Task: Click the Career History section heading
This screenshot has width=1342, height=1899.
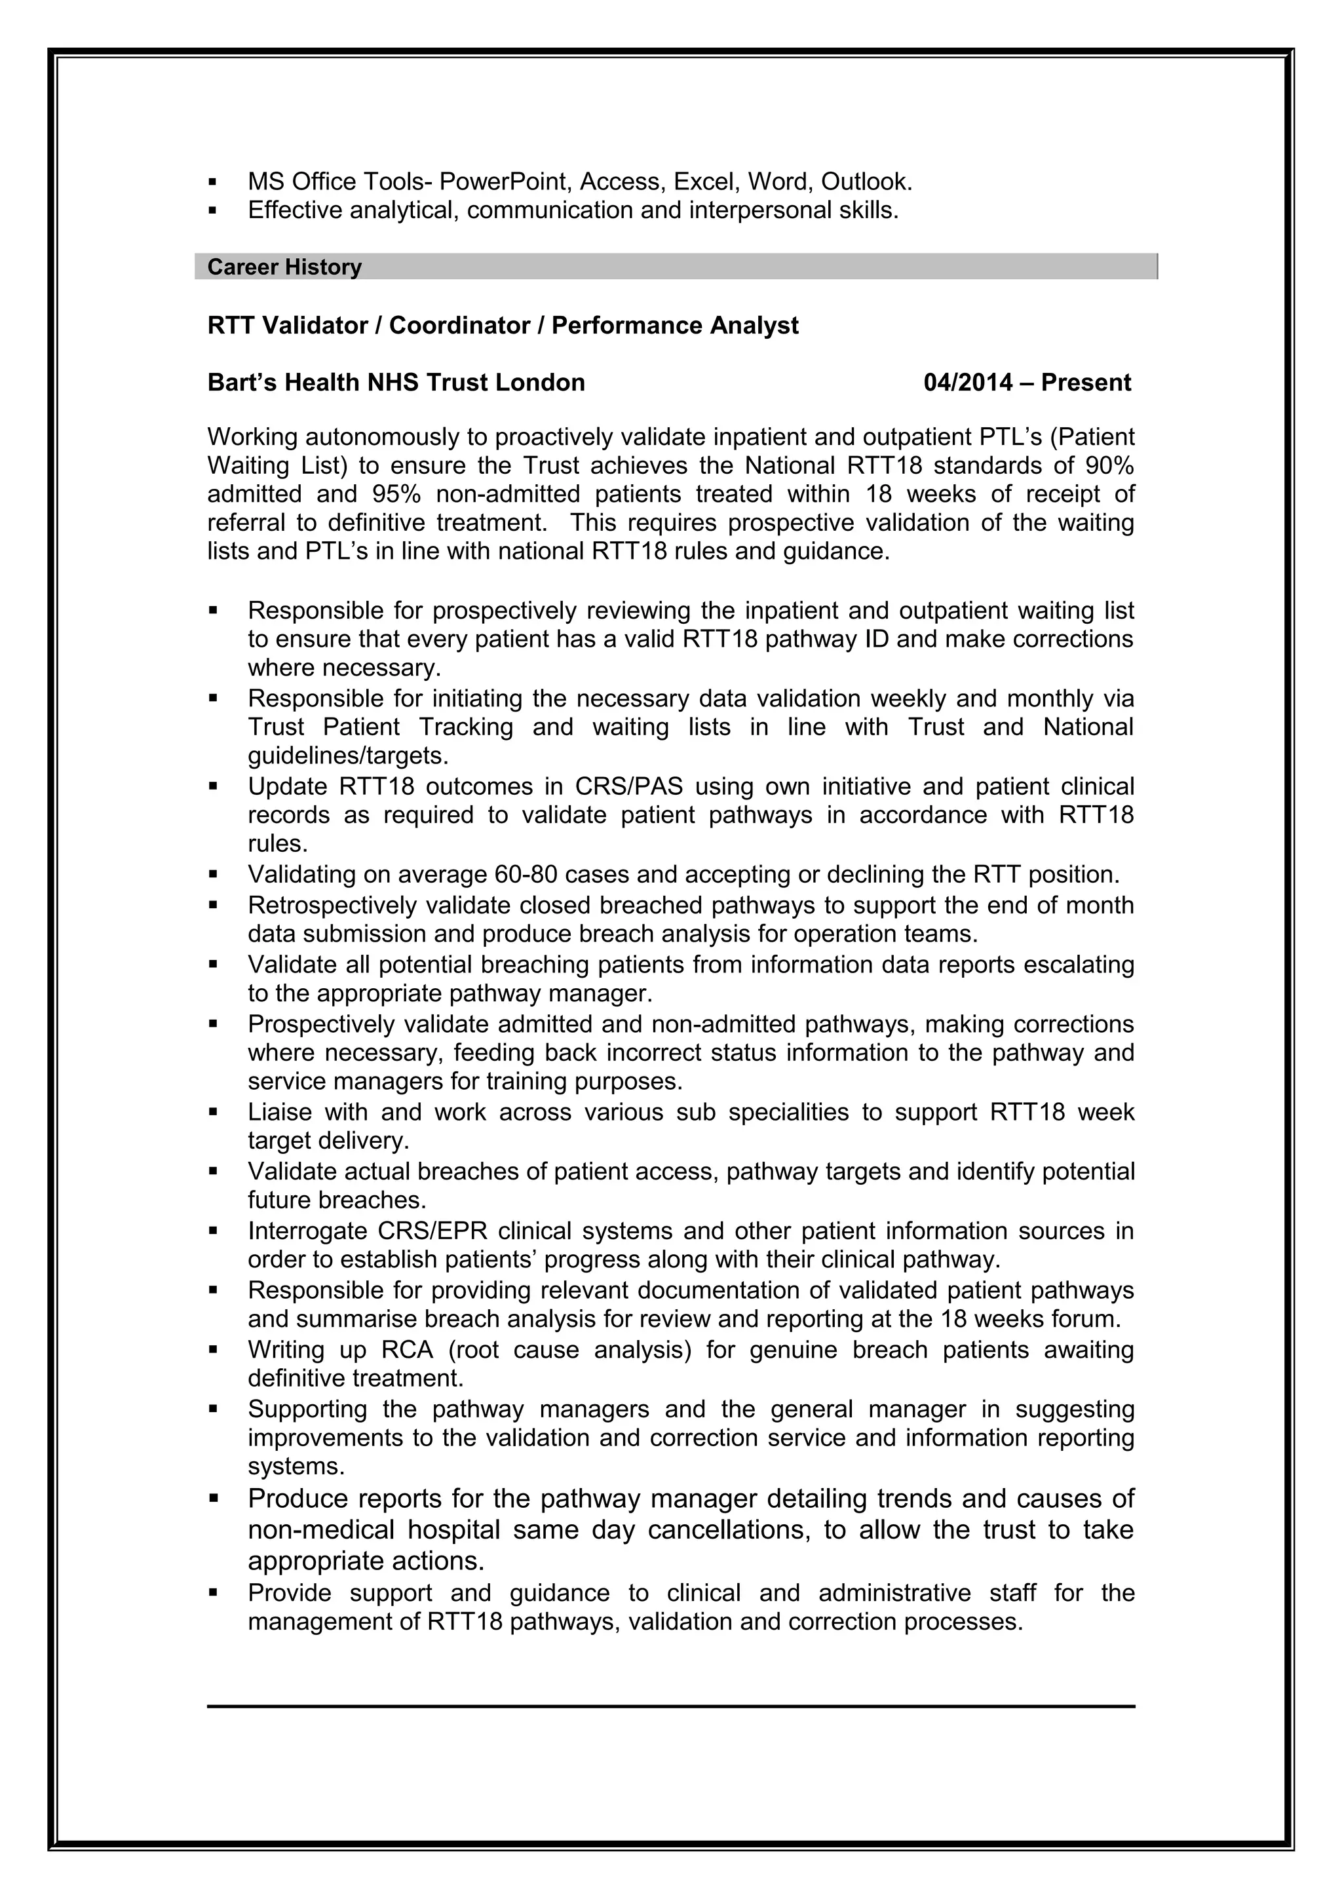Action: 284,267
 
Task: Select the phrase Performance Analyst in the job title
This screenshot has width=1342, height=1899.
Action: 675,326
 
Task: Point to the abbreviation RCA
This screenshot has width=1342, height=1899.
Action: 407,1350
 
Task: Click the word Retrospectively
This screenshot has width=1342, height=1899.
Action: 334,905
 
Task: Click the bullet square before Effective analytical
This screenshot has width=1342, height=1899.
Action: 212,211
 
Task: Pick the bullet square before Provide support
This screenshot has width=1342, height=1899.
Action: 212,1592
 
